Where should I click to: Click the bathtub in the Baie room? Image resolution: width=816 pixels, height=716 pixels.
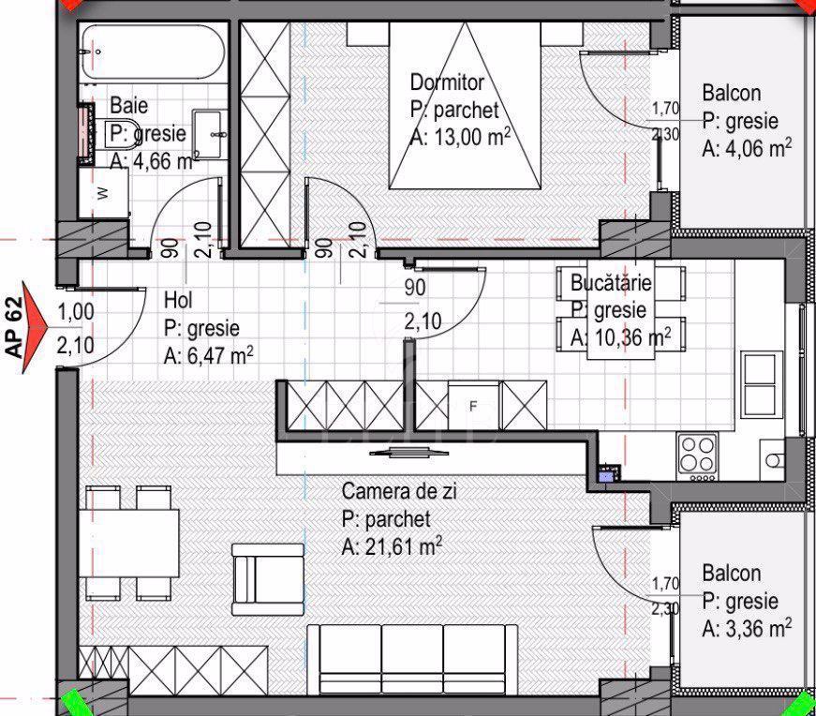pyautogui.click(x=154, y=52)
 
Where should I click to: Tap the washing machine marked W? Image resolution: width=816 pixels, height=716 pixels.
pyautogui.click(x=104, y=193)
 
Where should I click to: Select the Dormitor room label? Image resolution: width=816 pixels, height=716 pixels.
pyautogui.click(x=447, y=82)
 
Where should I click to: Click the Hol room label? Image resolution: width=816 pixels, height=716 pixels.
pyautogui.click(x=178, y=301)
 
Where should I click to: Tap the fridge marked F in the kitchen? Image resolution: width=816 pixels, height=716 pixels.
pyautogui.click(x=473, y=406)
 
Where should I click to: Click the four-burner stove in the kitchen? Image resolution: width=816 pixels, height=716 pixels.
pyautogui.click(x=697, y=457)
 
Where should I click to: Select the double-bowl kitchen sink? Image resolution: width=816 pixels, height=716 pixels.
pyautogui.click(x=762, y=384)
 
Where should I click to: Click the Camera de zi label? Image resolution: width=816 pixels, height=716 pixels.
pyautogui.click(x=399, y=491)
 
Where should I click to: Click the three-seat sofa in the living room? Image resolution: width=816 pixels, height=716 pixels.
pyautogui.click(x=412, y=659)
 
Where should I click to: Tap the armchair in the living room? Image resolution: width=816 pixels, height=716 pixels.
pyautogui.click(x=268, y=579)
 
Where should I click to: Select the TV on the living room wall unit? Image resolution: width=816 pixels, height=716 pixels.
pyautogui.click(x=409, y=452)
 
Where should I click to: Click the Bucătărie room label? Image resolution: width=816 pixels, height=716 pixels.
pyautogui.click(x=611, y=283)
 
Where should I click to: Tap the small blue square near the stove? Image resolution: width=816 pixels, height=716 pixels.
pyautogui.click(x=606, y=475)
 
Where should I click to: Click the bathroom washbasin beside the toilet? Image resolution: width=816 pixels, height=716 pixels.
pyautogui.click(x=210, y=135)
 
